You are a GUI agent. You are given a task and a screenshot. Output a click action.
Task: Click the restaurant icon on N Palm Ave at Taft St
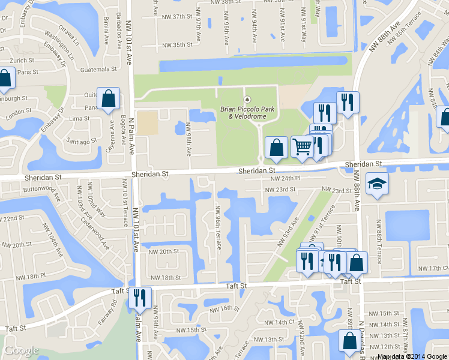(x=140, y=297)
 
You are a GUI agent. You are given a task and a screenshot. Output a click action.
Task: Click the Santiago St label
(x=82, y=141)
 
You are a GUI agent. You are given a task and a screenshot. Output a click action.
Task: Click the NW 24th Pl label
(x=285, y=179)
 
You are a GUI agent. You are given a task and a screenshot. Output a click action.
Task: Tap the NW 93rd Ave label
(x=288, y=235)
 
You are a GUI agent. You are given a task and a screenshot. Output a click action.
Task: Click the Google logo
(x=22, y=350)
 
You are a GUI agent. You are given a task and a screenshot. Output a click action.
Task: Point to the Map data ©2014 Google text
(x=412, y=356)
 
